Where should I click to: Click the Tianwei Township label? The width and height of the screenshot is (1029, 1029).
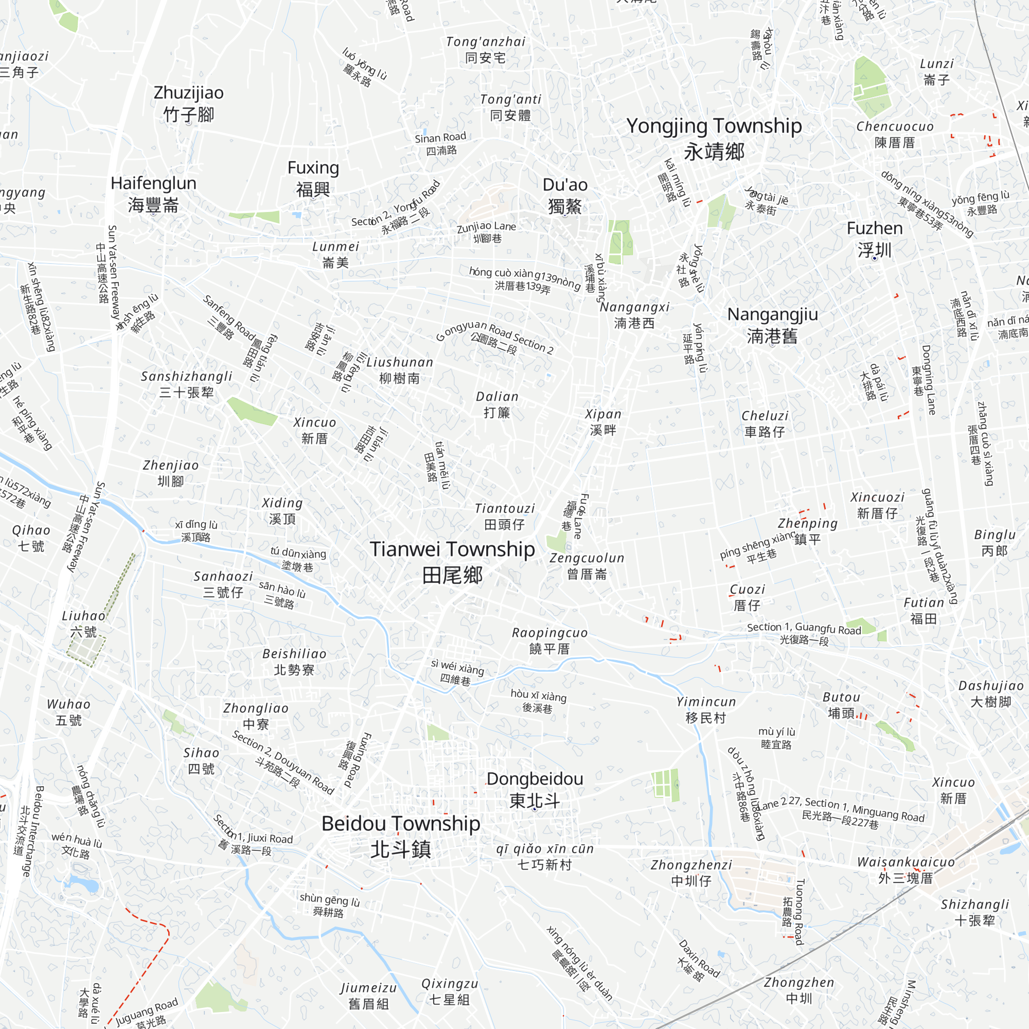click(452, 561)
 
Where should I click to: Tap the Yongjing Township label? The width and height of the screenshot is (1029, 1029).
click(714, 138)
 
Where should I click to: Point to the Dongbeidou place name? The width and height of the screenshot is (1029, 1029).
click(535, 789)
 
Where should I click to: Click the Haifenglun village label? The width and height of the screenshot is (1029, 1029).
click(153, 194)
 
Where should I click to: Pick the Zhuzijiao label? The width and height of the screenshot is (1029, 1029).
click(188, 103)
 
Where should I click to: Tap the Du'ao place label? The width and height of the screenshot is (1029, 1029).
click(564, 195)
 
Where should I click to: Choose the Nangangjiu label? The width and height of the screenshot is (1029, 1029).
click(772, 325)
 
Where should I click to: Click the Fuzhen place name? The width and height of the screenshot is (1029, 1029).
click(875, 239)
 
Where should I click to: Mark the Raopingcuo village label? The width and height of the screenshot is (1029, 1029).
click(549, 641)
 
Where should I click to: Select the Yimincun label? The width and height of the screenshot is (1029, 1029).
click(706, 710)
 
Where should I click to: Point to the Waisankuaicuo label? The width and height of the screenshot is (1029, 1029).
click(906, 870)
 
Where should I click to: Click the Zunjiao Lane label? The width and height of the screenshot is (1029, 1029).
click(486, 232)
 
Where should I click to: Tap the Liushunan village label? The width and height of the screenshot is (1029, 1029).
click(399, 370)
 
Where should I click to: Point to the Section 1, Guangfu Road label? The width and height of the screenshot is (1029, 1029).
click(804, 634)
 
